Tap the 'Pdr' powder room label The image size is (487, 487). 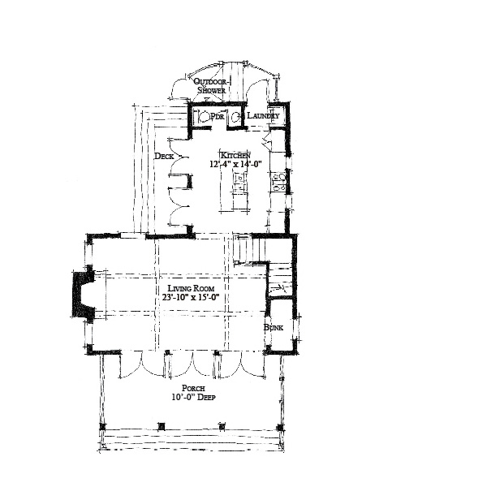[218, 117]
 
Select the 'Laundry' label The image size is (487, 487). [264, 117]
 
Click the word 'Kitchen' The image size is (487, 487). [235, 154]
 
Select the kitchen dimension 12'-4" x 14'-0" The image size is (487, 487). [235, 165]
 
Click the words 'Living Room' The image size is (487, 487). [192, 289]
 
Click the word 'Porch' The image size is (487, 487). [192, 388]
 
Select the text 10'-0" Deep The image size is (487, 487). [192, 399]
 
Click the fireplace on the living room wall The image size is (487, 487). [84, 295]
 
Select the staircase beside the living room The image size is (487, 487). [256, 252]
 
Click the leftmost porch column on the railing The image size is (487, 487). [104, 427]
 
